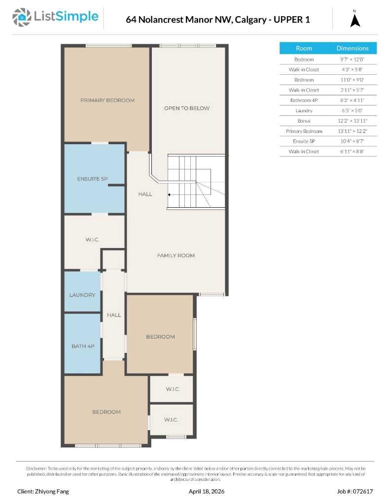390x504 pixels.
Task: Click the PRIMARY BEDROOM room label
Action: [107, 100]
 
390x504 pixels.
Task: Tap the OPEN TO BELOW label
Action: [186, 108]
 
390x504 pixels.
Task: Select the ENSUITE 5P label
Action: [92, 179]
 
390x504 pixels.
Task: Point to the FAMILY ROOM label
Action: [176, 255]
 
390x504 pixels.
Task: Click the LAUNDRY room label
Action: [82, 295]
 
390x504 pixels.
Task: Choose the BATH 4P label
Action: [83, 346]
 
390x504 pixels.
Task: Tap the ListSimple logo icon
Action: [21, 18]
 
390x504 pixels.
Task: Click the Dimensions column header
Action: [352, 48]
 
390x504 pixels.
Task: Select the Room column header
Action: [304, 48]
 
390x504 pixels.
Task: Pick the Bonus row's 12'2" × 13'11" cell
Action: [352, 121]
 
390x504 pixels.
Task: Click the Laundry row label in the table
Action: [304, 111]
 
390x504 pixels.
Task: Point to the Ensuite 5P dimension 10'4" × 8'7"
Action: [352, 141]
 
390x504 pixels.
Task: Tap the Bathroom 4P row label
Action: [304, 100]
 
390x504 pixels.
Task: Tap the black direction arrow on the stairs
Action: [170, 194]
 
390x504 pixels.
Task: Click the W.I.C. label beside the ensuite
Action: [92, 240]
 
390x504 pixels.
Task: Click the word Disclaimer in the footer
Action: [36, 469]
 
